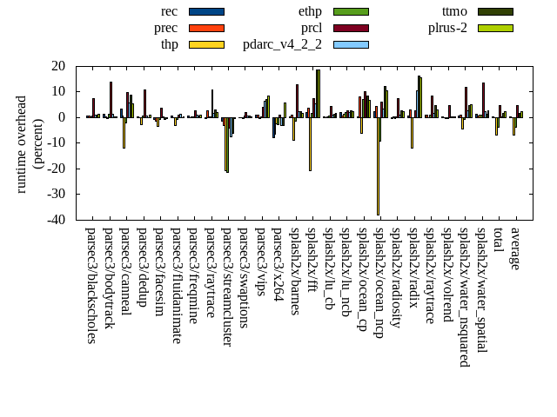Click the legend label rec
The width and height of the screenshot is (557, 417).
(x=170, y=11)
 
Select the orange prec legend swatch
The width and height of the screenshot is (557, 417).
(x=206, y=28)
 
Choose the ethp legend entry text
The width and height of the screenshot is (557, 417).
(x=310, y=11)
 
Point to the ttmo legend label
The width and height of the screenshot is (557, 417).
(x=454, y=11)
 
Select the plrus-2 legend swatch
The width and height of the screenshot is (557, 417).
(x=494, y=28)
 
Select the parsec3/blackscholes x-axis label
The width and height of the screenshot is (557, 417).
(x=91, y=285)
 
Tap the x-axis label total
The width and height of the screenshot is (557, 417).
(x=499, y=241)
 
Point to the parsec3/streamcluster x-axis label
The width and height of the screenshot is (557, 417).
(x=227, y=288)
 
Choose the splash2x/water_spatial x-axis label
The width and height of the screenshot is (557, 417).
(x=481, y=292)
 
